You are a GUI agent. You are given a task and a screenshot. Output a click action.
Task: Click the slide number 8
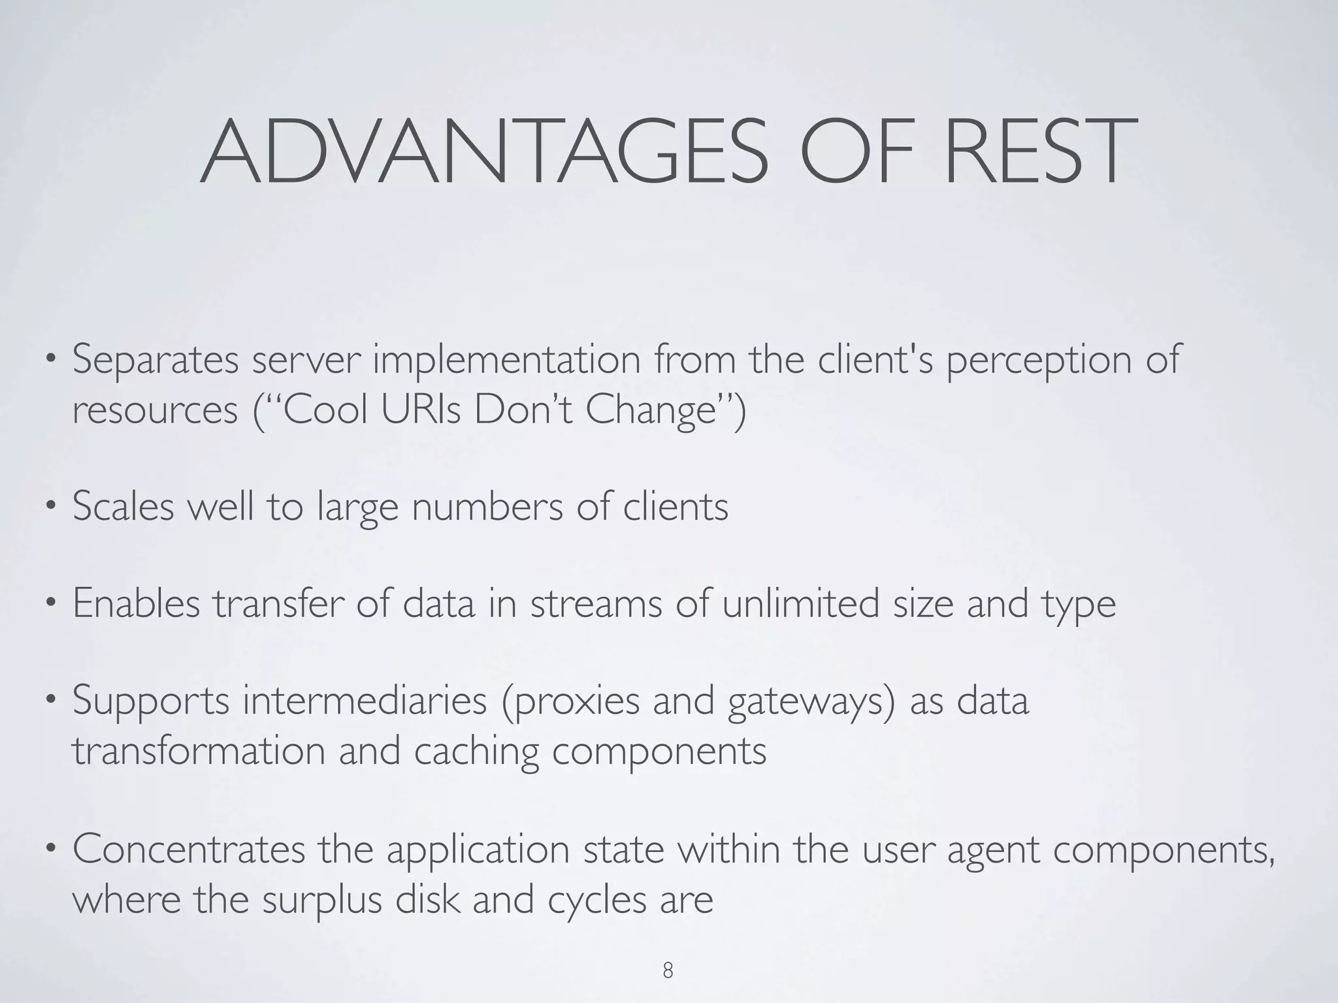point(668,970)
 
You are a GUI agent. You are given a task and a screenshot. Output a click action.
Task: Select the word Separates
point(155,360)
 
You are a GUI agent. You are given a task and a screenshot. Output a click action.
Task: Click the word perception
point(1038,360)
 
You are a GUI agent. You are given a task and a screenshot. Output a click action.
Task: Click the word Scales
point(123,506)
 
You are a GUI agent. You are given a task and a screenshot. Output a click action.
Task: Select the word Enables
point(136,603)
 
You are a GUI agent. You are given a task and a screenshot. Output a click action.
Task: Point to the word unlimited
point(800,603)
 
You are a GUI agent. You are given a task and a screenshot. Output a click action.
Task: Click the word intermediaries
point(365,701)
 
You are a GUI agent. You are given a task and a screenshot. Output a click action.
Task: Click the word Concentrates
point(189,850)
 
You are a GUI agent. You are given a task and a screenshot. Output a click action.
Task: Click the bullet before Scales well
point(50,506)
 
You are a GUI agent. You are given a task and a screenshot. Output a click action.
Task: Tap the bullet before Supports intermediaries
point(50,701)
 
